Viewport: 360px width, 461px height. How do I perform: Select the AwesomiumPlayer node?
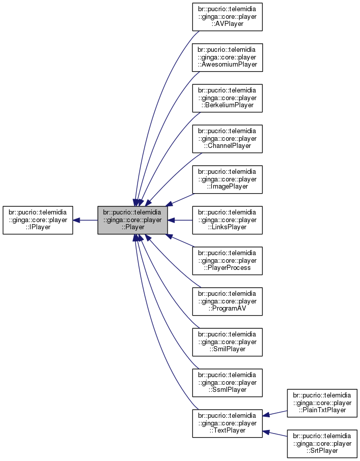[x=227, y=57]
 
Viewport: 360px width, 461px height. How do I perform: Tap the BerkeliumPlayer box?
[x=227, y=98]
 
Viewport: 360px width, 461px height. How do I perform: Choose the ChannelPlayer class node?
[x=227, y=139]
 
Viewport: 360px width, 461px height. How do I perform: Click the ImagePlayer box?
[x=227, y=179]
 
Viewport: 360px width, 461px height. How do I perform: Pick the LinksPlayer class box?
[x=227, y=220]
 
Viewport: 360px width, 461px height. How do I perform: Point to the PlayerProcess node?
[x=227, y=261]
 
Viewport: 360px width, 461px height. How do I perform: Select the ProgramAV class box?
[x=227, y=301]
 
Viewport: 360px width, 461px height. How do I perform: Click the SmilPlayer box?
[x=227, y=342]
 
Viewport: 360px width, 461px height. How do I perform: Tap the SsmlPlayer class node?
[x=227, y=383]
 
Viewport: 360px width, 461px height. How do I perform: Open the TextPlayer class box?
[x=227, y=423]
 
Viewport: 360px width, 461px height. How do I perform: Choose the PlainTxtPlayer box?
[x=322, y=403]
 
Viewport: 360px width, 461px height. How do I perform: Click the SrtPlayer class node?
[x=322, y=444]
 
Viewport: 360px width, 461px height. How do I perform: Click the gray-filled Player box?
[x=133, y=220]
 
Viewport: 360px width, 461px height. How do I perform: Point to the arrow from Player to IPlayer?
[x=85, y=220]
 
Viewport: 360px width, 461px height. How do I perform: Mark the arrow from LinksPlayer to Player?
[x=180, y=220]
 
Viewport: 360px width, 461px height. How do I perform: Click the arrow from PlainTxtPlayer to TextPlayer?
[x=275, y=414]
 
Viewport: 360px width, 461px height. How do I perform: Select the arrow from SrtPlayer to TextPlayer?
[x=275, y=434]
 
